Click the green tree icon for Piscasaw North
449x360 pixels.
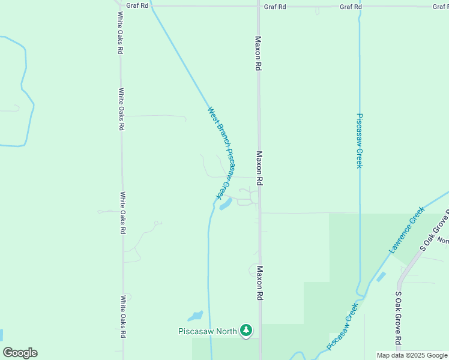pyautogui.click(x=246, y=330)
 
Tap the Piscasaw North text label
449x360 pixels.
pyautogui.click(x=208, y=331)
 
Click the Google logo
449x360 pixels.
pyautogui.click(x=20, y=353)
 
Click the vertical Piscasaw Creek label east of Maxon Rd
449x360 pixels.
pyautogui.click(x=360, y=140)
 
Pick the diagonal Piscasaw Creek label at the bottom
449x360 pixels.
pyautogui.click(x=343, y=326)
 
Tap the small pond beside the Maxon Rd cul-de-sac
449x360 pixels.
pyautogui.click(x=226, y=205)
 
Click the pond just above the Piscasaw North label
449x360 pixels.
pyautogui.click(x=195, y=316)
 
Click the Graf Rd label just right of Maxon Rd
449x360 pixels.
pyautogui.click(x=275, y=7)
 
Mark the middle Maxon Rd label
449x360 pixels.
pyautogui.click(x=260, y=168)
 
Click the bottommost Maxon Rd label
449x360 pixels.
pyautogui.click(x=261, y=283)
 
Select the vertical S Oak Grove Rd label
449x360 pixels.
pyautogui.click(x=399, y=318)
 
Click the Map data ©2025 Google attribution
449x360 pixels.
pyautogui.click(x=411, y=355)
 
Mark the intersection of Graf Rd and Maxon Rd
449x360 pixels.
pyautogui.click(x=259, y=7)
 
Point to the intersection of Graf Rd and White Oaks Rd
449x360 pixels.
pyautogui.click(x=119, y=6)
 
